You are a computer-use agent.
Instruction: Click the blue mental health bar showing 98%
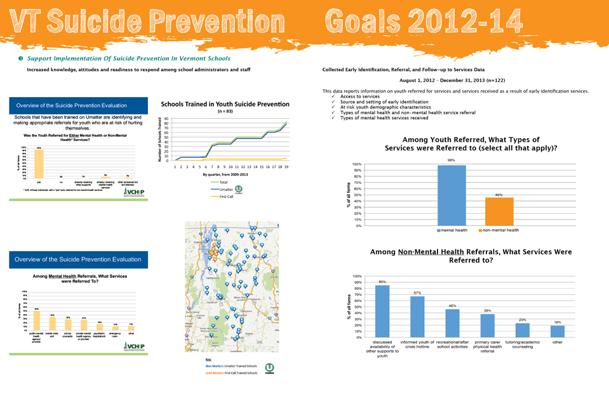pyautogui.click(x=452, y=195)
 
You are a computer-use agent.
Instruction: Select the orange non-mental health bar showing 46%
pyautogui.click(x=499, y=211)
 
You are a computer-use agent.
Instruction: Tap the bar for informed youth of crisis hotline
pyautogui.click(x=417, y=315)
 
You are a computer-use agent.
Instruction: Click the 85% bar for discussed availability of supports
pyautogui.click(x=382, y=310)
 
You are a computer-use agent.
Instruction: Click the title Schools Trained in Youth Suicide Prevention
pyautogui.click(x=225, y=104)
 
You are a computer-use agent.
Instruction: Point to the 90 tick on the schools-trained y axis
pyautogui.click(x=166, y=119)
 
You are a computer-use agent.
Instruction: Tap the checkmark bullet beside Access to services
pyautogui.click(x=333, y=96)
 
